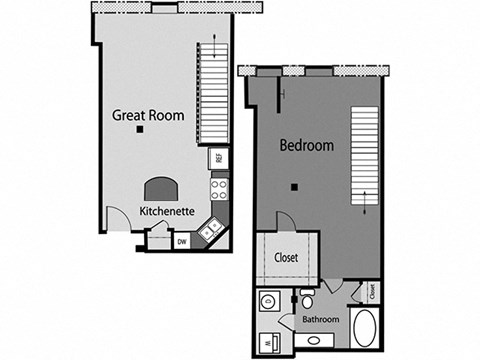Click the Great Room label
click(148, 115)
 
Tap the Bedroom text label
click(306, 144)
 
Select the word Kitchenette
click(166, 211)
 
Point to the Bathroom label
click(321, 320)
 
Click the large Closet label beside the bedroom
click(286, 257)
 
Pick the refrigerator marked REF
click(217, 158)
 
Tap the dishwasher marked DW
click(182, 241)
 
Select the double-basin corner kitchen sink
click(210, 229)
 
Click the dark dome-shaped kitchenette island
click(159, 189)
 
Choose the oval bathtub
click(365, 327)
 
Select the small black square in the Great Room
click(142, 131)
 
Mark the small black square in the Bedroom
click(294, 187)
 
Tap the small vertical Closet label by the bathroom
click(371, 292)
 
